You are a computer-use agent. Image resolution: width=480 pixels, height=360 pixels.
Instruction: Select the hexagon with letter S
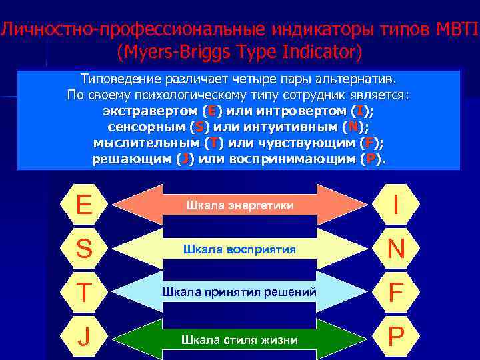[x=85, y=249]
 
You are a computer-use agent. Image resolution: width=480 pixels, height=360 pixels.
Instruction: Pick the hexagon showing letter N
[x=397, y=249]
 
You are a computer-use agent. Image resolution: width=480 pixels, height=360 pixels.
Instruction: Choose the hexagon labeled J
[x=85, y=338]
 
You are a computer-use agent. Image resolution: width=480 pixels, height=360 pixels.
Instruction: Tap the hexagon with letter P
[x=397, y=338]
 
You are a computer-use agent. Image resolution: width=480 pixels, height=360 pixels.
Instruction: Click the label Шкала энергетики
[x=239, y=205]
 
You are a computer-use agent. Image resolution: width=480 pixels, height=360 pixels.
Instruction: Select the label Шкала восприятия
[x=239, y=249]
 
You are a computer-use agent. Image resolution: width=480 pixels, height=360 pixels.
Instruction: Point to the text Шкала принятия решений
[x=239, y=293]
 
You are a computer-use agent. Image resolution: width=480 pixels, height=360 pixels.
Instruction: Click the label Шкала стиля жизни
[x=239, y=339]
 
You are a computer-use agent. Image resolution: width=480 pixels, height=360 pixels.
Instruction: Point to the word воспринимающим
[x=293, y=159]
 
